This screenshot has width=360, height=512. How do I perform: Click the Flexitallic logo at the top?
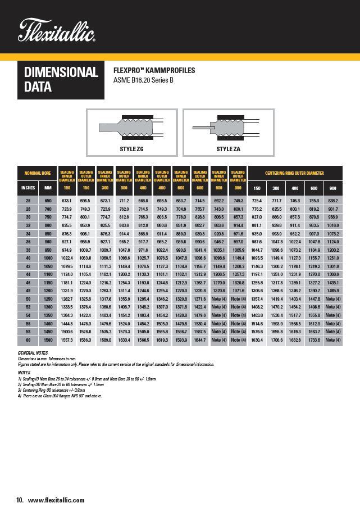pyautogui.click(x=57, y=31)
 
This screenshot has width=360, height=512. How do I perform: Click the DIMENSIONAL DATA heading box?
pyautogui.click(x=61, y=80)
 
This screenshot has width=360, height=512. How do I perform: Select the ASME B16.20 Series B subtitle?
pyautogui.click(x=143, y=80)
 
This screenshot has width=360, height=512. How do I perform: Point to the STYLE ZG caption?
pyautogui.click(x=133, y=149)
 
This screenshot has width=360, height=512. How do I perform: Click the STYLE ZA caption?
pyautogui.click(x=229, y=149)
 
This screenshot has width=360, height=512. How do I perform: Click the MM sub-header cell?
pyautogui.click(x=48, y=188)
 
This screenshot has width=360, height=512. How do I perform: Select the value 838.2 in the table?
pyautogui.click(x=333, y=201)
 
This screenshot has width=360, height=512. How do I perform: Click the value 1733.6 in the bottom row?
pyautogui.click(x=314, y=341)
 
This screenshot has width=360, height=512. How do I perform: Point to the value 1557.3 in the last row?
pyautogui.click(x=67, y=341)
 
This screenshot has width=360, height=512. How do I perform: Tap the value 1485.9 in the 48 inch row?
pyautogui.click(x=333, y=291)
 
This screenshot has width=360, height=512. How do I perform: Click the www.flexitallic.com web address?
pyautogui.click(x=56, y=500)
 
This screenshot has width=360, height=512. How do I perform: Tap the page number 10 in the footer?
pyautogui.click(x=20, y=500)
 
